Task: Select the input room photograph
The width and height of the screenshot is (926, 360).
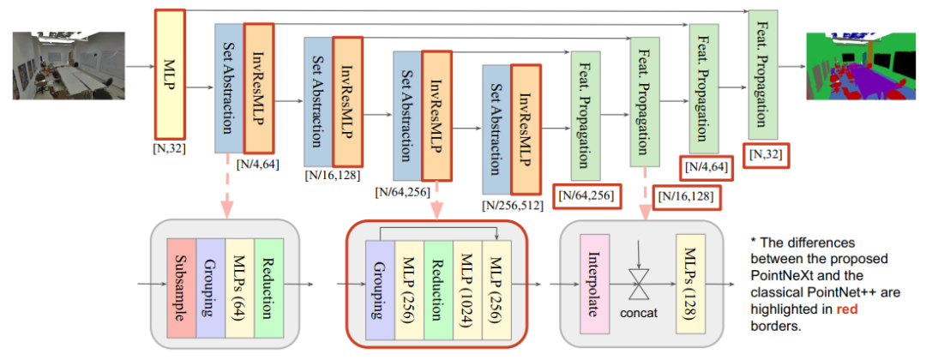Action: pyautogui.click(x=69, y=66)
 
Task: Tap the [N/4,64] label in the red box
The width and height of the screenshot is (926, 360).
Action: pyautogui.click(x=707, y=168)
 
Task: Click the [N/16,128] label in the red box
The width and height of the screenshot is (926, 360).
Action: pyautogui.click(x=685, y=198)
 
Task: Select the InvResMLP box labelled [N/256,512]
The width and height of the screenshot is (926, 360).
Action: pyautogui.click(x=526, y=128)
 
